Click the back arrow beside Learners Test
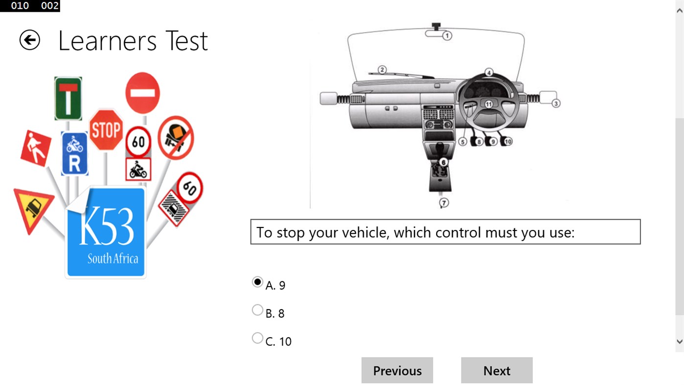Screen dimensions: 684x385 tap(30, 40)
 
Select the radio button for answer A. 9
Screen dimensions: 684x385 tap(257, 282)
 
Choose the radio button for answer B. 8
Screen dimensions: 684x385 tap(257, 310)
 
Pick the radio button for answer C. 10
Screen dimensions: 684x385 tap(257, 338)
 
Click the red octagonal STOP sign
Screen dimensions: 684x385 tap(106, 130)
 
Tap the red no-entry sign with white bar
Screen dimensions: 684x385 tap(143, 93)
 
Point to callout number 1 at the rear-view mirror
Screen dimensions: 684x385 tap(447, 36)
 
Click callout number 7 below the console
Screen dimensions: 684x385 tap(444, 203)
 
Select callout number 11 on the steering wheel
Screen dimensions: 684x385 tap(488, 104)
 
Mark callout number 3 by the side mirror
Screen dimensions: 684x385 tap(556, 104)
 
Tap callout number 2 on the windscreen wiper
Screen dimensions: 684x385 tap(382, 69)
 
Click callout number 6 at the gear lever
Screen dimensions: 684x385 tap(443, 162)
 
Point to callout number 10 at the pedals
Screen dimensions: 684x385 tap(508, 141)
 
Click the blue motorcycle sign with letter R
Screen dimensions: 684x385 tap(74, 154)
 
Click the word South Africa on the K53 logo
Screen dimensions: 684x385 tap(112, 258)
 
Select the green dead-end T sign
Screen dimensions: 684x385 tap(68, 98)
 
